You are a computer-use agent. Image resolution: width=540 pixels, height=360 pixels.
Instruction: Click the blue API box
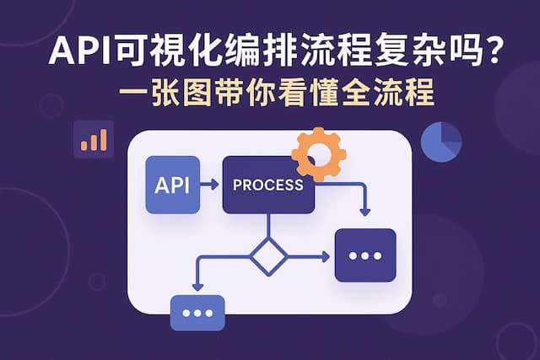click(x=172, y=185)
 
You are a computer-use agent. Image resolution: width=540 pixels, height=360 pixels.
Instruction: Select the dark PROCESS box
click(x=268, y=185)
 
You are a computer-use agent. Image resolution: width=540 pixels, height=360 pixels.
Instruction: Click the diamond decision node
click(x=268, y=255)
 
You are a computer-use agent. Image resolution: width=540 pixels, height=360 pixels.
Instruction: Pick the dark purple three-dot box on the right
click(x=365, y=255)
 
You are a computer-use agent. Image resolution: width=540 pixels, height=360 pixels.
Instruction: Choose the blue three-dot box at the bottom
click(x=197, y=312)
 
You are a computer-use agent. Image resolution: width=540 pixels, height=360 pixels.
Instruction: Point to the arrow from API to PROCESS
click(x=210, y=185)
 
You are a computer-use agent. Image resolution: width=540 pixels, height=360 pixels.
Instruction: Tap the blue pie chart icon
click(x=440, y=141)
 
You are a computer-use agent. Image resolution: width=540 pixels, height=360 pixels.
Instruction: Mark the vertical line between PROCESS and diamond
click(x=268, y=226)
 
